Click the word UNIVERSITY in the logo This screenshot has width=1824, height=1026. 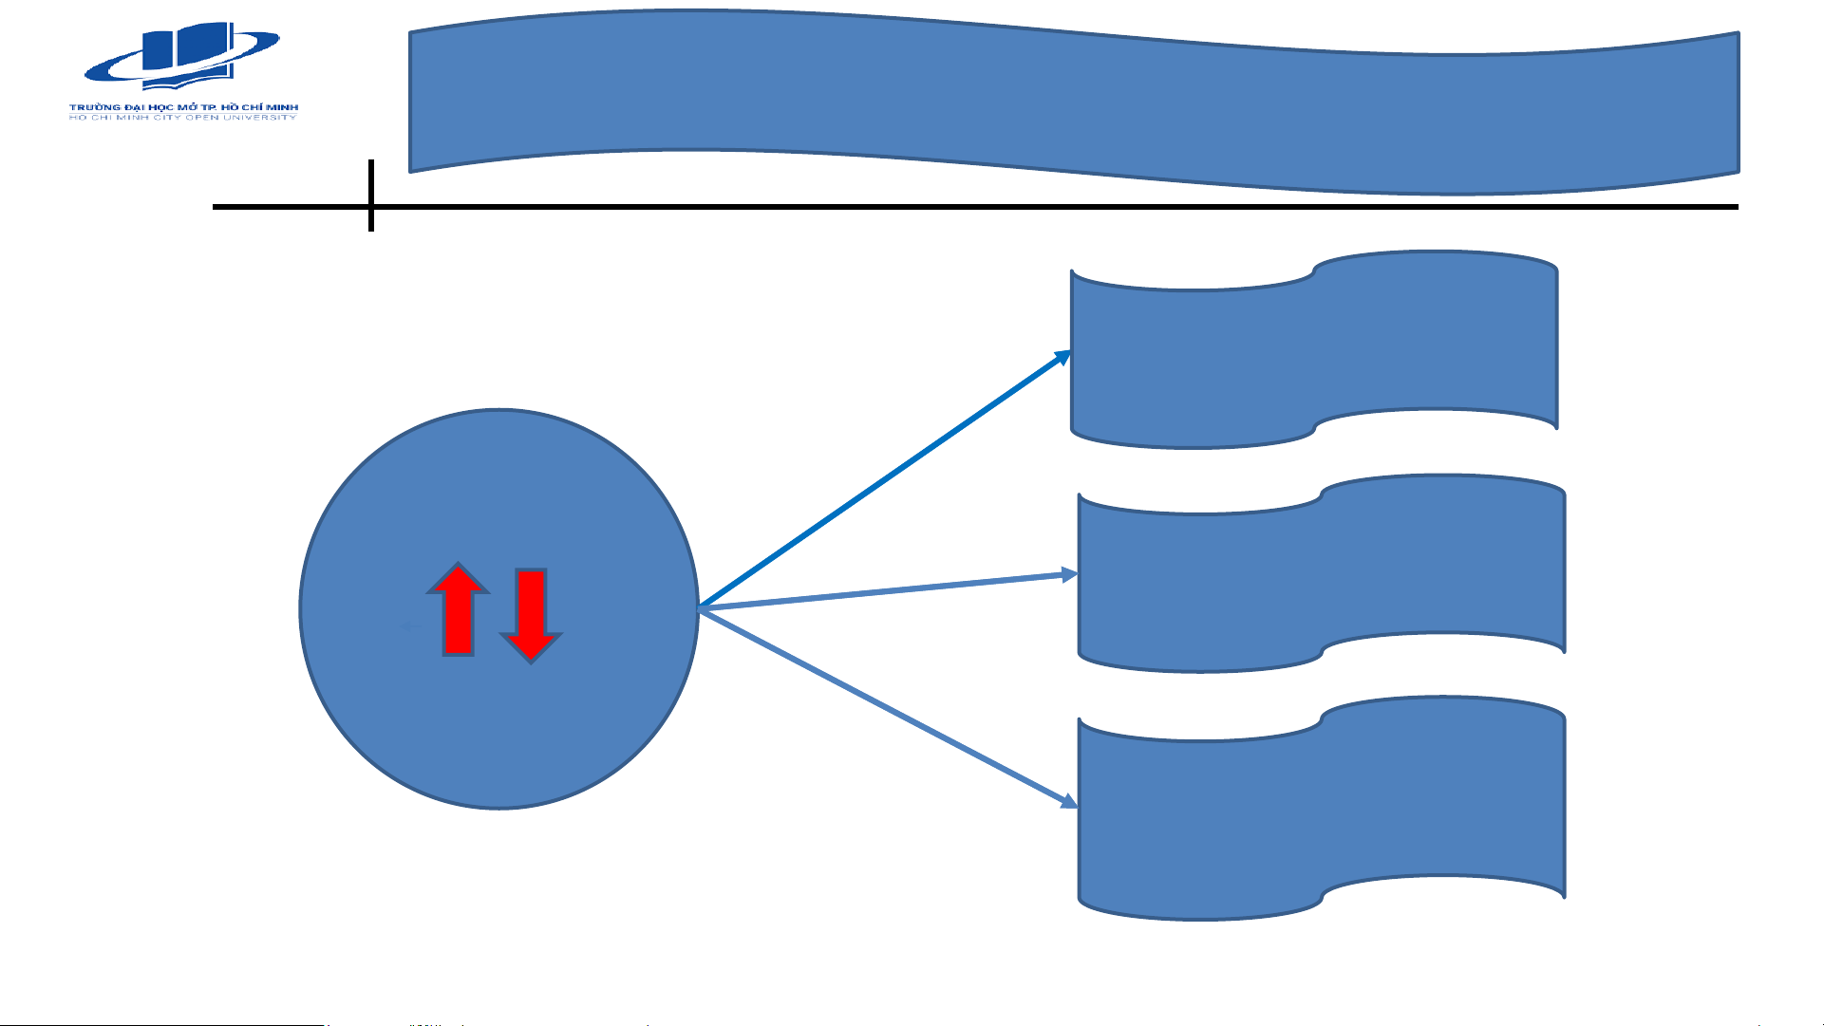click(260, 118)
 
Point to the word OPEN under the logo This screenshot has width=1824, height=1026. click(202, 118)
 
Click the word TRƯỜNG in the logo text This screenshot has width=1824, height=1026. click(95, 107)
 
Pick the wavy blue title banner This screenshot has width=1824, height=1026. click(1073, 103)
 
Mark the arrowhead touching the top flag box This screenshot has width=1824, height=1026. click(1064, 357)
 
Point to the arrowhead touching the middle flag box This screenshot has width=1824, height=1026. click(1070, 574)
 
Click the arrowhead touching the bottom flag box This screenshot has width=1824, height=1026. click(1069, 801)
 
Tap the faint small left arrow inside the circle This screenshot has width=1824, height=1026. click(409, 625)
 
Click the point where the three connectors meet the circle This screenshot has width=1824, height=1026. click(701, 608)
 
